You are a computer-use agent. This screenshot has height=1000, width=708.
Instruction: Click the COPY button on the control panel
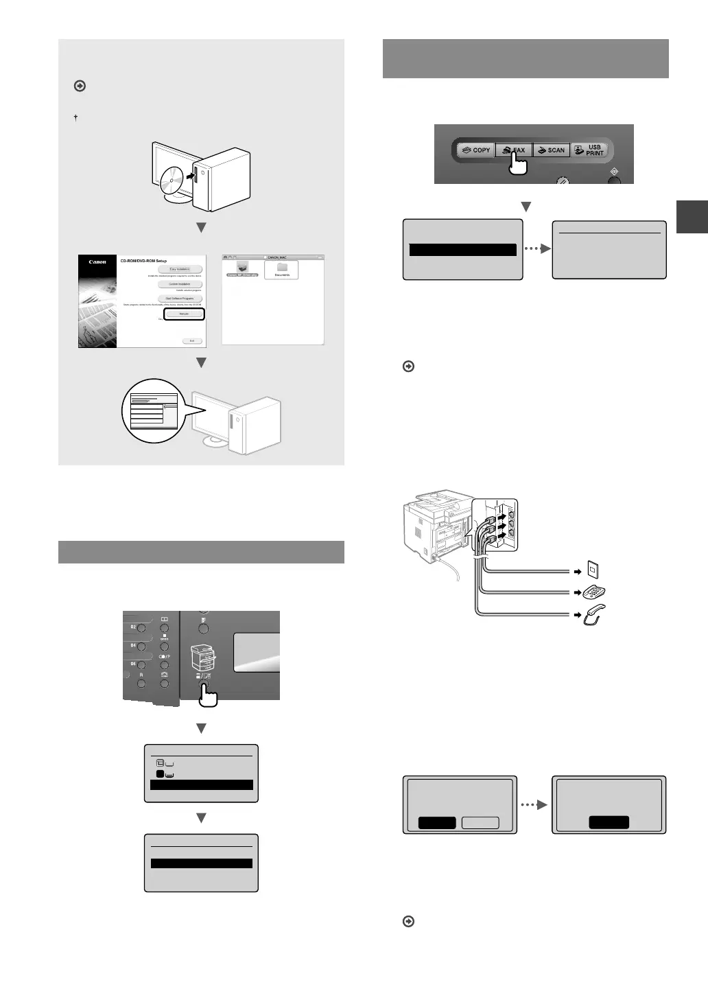476,150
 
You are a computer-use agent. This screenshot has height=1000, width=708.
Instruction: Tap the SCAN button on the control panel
551,150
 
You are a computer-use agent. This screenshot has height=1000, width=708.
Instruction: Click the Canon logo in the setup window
97,261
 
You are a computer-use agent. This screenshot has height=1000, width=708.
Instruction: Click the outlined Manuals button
184,314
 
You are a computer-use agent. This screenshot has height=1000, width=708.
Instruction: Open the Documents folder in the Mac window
282,269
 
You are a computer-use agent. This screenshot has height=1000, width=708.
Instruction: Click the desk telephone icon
594,592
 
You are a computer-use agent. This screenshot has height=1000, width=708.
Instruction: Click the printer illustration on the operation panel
204,658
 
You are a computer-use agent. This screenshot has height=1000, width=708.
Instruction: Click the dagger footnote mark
75,118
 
